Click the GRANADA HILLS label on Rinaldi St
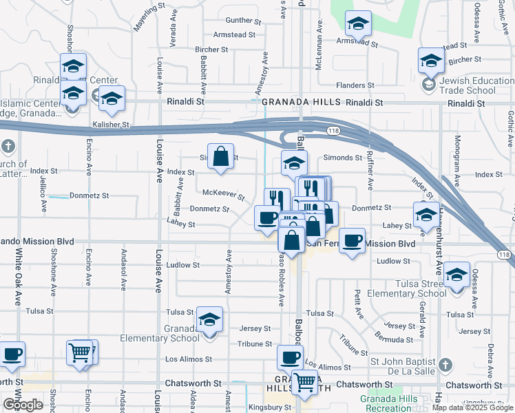[x=301, y=102]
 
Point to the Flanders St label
[x=355, y=85]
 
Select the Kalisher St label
[x=111, y=125]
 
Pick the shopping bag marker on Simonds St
[x=220, y=157]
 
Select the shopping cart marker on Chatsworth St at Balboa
[x=304, y=382]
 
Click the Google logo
[x=23, y=405]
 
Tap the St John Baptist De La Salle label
[x=403, y=367]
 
